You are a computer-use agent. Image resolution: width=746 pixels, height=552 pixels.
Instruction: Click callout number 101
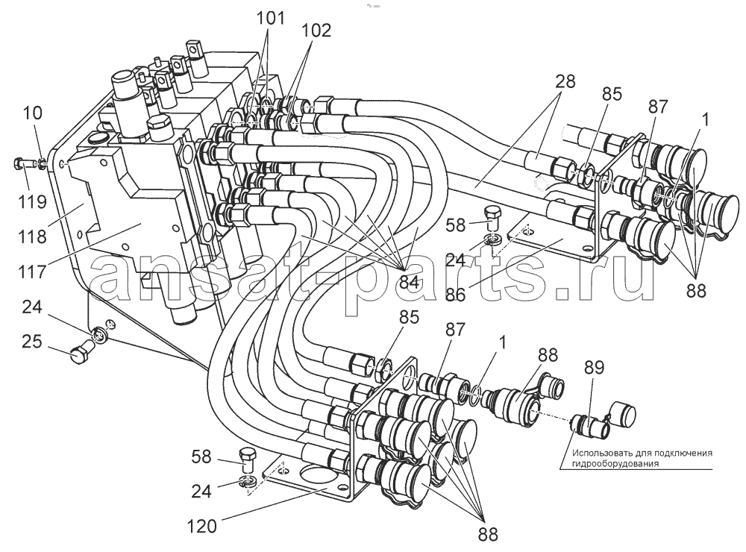[270, 19]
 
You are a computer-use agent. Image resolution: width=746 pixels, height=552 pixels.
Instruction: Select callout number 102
[316, 31]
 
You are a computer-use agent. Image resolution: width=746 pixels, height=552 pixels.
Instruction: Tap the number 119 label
[32, 201]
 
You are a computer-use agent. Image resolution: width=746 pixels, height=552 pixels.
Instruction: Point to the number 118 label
[32, 236]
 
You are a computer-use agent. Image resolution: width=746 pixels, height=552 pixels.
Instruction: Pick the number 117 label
[32, 272]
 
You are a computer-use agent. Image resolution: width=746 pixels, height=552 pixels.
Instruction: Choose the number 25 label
[32, 342]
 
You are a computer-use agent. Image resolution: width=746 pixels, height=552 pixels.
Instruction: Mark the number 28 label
[564, 81]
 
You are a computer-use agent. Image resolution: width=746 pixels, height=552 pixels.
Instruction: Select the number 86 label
[455, 295]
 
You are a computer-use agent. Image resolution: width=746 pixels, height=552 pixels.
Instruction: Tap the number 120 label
[201, 527]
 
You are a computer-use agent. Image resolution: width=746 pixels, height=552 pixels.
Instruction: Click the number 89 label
[594, 367]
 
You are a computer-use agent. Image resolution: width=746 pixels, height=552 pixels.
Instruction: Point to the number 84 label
[409, 282]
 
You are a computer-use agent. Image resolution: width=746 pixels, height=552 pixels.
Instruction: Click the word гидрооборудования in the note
[616, 463]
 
